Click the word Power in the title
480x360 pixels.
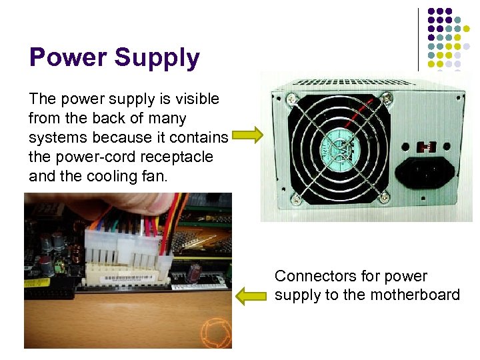coord(67,57)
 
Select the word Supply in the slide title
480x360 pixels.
coord(157,59)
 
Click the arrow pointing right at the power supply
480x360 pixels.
coord(247,136)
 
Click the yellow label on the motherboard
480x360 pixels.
coord(37,283)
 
